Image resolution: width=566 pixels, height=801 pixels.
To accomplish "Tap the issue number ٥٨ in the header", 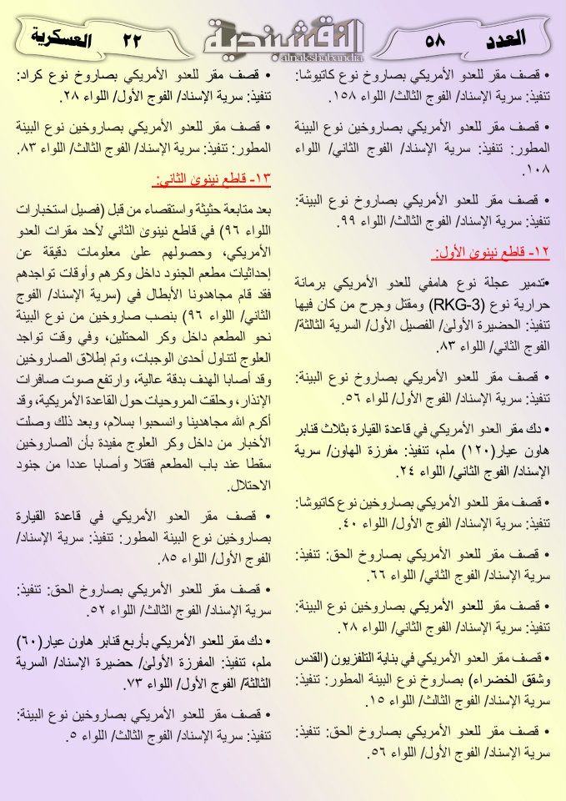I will click(x=435, y=40).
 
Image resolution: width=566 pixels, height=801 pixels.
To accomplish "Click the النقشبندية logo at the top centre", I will click(x=283, y=38).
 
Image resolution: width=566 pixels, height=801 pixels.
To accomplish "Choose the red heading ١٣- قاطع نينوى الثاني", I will click(x=216, y=179).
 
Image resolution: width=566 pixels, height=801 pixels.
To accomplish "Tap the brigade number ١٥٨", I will click(x=319, y=97).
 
